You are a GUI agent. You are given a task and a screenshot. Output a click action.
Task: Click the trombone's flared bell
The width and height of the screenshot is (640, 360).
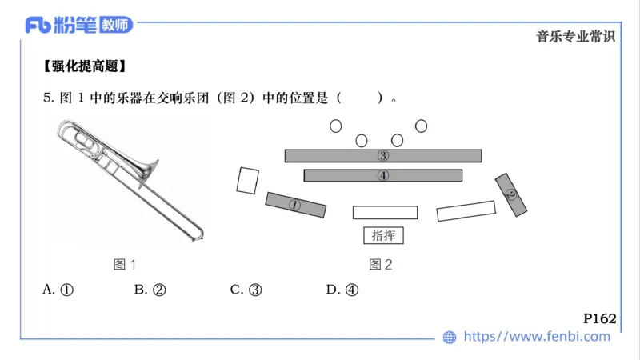147,170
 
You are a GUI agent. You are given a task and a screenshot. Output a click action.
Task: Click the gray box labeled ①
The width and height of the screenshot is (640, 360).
295,205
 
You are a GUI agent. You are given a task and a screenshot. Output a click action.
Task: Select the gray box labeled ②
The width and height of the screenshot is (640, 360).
511,194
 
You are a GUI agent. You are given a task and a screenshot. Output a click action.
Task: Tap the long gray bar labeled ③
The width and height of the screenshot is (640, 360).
383,155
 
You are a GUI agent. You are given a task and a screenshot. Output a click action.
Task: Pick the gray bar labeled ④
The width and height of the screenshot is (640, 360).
383,175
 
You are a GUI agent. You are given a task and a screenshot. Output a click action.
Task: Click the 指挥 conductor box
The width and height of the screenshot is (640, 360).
383,235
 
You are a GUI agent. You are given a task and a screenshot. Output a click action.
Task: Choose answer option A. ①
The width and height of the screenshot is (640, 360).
58,290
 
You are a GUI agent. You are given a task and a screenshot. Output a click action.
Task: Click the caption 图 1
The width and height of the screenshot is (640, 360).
125,264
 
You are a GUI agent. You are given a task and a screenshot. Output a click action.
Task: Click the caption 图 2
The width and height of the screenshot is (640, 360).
380,264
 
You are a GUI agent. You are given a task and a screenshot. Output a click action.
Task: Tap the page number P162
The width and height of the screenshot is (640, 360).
599,318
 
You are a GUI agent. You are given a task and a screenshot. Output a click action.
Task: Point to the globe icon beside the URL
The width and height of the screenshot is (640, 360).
450,337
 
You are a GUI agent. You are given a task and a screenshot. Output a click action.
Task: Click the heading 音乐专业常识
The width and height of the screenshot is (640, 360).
576,36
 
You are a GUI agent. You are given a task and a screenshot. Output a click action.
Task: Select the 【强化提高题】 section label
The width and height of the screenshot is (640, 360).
85,66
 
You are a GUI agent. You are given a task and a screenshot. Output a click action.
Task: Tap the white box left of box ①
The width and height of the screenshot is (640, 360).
247,180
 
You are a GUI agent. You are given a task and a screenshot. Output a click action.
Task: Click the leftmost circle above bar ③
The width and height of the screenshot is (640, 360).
335,126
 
